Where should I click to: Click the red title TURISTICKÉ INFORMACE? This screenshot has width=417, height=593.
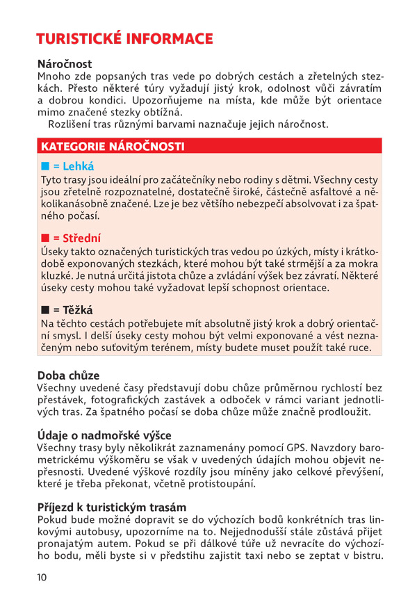[x=124, y=38]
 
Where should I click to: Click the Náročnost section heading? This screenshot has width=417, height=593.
[x=65, y=64]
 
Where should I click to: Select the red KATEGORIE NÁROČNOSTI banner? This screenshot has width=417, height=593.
[x=113, y=147]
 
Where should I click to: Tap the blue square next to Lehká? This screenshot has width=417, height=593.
[x=45, y=167]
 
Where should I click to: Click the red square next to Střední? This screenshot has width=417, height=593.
[x=45, y=238]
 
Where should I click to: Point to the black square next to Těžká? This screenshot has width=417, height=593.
[x=45, y=310]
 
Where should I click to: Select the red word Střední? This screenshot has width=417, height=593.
[x=82, y=238]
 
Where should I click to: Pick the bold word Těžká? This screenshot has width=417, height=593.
[x=78, y=310]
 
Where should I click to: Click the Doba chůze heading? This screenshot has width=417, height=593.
[x=69, y=375]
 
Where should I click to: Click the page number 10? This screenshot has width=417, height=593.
[x=42, y=576]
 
